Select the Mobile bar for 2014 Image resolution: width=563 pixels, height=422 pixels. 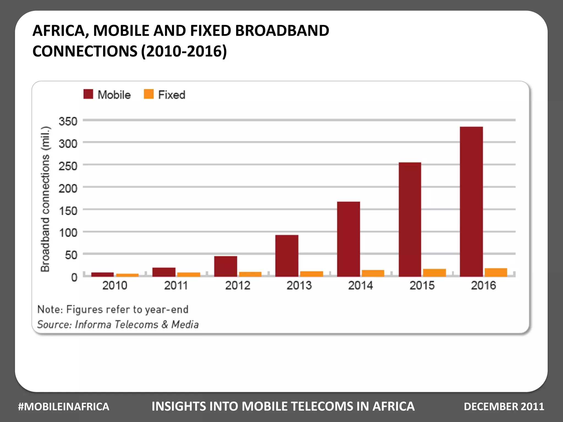348,239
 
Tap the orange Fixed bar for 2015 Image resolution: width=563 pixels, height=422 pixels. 434,273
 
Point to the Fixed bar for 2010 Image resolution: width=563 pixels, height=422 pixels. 127,275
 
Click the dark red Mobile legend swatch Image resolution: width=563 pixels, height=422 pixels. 88,94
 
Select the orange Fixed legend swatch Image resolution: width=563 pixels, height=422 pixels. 149,94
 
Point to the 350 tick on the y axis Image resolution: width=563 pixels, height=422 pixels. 68,121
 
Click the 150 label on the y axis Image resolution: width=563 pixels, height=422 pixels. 68,211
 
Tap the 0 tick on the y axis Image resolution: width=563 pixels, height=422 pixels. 74,277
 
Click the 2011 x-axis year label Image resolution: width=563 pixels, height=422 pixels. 176,285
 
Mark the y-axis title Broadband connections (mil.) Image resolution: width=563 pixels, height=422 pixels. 45,199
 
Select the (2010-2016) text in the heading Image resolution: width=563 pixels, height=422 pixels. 184,51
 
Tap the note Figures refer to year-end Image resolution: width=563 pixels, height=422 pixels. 113,309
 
